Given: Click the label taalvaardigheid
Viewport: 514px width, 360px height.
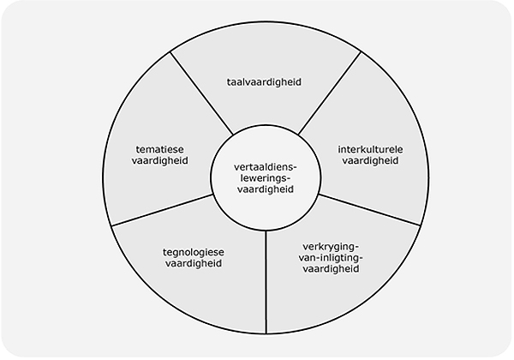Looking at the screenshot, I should (x=263, y=82).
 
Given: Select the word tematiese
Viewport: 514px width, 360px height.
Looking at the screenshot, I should (x=161, y=147).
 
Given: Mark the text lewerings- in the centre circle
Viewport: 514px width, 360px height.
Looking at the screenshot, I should (x=263, y=178).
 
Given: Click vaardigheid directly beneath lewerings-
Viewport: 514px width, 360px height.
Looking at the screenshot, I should (x=263, y=190).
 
